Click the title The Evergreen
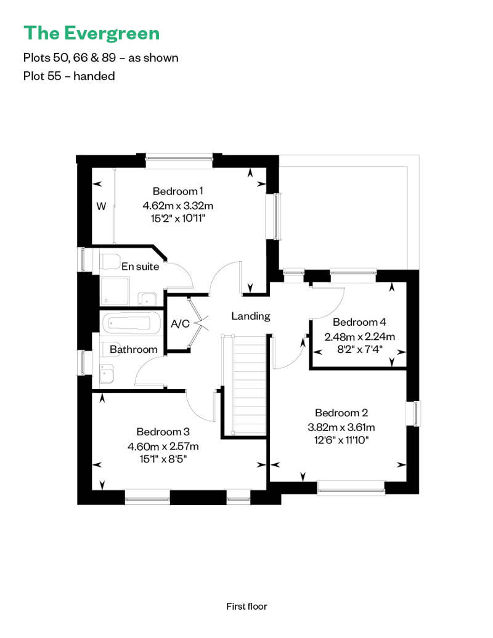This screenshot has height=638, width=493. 92,33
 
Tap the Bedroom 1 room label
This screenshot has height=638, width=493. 177,191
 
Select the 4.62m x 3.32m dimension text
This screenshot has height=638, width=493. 178,206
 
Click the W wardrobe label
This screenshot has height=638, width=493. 101,206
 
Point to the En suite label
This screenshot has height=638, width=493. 140,267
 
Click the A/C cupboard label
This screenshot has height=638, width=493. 180,323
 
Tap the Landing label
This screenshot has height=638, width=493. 251,316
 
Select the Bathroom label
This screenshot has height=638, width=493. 134,350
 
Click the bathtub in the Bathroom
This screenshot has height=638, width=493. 131,323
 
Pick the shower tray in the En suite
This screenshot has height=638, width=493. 115,291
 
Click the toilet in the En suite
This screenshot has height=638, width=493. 110,261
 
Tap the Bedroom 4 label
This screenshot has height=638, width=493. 359,322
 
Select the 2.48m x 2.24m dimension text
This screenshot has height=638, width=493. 359,336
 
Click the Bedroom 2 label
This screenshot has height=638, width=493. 341,413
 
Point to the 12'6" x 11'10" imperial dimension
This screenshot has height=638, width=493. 341,440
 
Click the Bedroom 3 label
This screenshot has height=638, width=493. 163,432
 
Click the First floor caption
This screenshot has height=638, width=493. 246,606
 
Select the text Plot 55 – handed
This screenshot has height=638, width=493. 69,76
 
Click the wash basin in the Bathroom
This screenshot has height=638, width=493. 107,374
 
